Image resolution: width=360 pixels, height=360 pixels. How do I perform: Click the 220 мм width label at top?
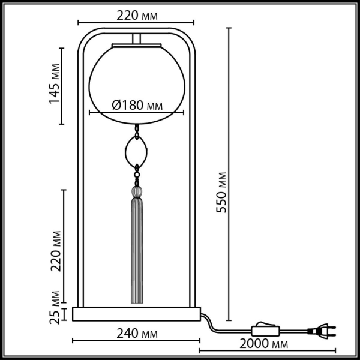point(137,16)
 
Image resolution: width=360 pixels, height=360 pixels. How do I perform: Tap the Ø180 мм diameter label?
point(137,106)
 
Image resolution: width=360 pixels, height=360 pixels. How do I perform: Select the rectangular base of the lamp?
point(136,314)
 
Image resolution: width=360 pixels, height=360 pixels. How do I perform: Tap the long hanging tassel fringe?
point(137,252)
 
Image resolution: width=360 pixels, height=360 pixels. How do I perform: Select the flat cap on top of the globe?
point(137,46)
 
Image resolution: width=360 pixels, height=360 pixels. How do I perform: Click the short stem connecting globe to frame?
point(137,39)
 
